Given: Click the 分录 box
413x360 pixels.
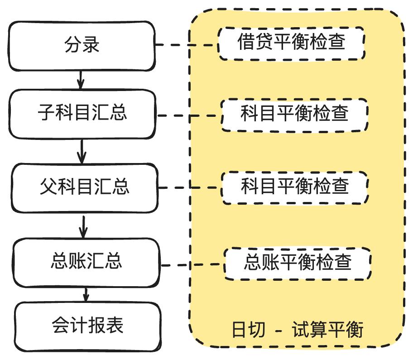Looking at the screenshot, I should (82, 45).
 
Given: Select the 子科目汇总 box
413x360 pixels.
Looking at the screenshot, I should (82, 113).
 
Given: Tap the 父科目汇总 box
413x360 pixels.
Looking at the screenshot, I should (84, 187).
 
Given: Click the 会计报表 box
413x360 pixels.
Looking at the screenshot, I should (88, 325).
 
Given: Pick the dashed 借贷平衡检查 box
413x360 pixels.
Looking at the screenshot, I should (291, 43).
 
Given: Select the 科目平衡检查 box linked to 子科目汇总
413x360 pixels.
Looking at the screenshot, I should (294, 114).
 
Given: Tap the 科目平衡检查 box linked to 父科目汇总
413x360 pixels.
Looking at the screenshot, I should (295, 187).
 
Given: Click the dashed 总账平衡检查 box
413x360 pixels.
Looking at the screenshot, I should (298, 263).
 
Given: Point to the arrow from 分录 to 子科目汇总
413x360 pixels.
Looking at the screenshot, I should (81, 80).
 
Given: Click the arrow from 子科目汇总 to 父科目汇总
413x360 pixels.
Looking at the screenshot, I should (82, 151).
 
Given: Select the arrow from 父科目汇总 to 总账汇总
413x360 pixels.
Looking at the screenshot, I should (83, 226).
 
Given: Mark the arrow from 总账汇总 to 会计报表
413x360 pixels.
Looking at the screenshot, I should (85, 294).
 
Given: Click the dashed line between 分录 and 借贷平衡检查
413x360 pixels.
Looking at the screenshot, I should (187, 45).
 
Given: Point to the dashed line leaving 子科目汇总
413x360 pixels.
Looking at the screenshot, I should (189, 115).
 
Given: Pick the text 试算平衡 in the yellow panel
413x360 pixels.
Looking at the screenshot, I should (328, 330).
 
